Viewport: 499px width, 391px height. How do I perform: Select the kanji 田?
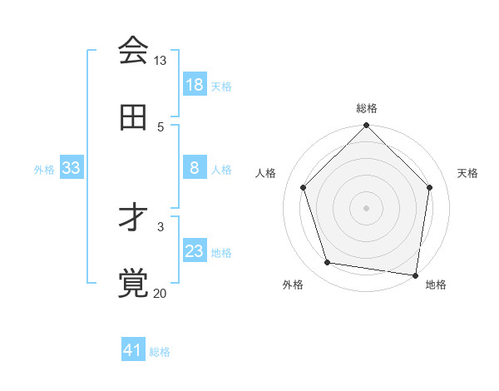(133, 118)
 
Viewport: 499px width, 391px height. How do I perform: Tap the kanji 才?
(133, 218)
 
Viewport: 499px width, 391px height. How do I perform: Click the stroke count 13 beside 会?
(161, 61)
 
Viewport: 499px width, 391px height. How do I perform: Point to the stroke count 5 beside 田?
(161, 126)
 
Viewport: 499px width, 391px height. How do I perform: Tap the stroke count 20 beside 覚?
(161, 293)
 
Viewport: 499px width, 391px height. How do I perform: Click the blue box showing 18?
(195, 85)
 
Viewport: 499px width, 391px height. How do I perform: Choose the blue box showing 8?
(195, 168)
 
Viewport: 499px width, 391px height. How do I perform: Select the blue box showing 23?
(195, 251)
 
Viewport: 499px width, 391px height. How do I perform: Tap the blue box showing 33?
(72, 168)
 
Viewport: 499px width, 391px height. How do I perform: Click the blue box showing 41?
(133, 350)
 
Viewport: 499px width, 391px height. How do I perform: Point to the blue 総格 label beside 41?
(160, 352)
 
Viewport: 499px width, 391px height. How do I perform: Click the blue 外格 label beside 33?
(44, 170)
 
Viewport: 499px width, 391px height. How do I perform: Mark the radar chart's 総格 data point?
(366, 126)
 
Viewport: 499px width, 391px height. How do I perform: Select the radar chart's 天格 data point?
(430, 187)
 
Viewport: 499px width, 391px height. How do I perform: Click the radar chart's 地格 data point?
(415, 275)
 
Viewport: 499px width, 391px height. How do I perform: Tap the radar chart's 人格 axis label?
(266, 173)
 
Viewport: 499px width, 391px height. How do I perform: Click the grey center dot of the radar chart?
(366, 207)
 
